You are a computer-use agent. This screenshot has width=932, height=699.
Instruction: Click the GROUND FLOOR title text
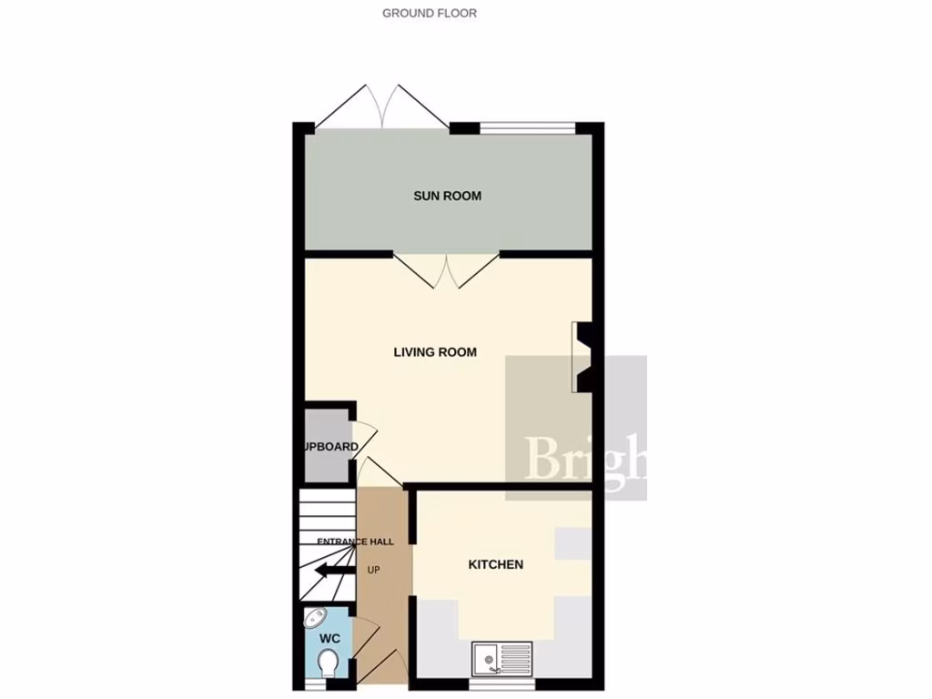pyautogui.click(x=429, y=13)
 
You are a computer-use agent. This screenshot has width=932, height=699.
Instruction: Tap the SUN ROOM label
pyautogui.click(x=447, y=196)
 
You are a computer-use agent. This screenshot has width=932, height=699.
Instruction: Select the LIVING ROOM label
pyautogui.click(x=435, y=352)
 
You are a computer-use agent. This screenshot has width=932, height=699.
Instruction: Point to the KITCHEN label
pyautogui.click(x=495, y=564)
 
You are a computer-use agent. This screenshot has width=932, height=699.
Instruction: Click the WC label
pyautogui.click(x=329, y=639)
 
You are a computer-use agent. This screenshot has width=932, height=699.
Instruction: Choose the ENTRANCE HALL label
pyautogui.click(x=355, y=542)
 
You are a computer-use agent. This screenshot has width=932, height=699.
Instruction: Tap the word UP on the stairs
pyautogui.click(x=373, y=571)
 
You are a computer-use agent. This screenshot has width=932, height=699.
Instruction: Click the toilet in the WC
pyautogui.click(x=329, y=665)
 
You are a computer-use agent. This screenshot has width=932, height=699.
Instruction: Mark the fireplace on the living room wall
pyautogui.click(x=582, y=357)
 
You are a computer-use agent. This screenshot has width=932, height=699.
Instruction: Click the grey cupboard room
pyautogui.click(x=327, y=446)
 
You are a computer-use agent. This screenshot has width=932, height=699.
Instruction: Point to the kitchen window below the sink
pyautogui.click(x=503, y=680)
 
